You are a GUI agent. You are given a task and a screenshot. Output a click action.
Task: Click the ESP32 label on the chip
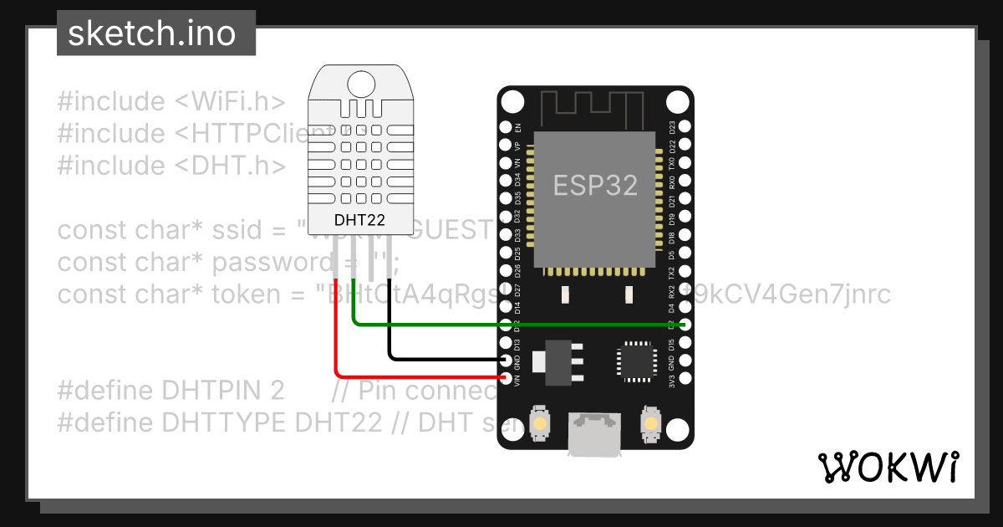[595, 185]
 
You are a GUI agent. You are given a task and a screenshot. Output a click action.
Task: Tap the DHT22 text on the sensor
[360, 221]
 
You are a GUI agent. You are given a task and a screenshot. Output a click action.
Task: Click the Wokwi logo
[888, 467]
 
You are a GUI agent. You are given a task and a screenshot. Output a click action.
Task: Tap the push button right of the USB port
[649, 423]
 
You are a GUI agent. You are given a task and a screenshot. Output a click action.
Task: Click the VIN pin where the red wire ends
[506, 378]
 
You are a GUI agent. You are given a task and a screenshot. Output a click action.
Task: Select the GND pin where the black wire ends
[506, 361]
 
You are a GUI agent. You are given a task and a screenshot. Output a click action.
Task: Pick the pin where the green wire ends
[685, 325]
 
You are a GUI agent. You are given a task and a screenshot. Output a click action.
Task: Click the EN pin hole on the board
[506, 127]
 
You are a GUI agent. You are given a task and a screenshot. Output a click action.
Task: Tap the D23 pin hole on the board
[685, 127]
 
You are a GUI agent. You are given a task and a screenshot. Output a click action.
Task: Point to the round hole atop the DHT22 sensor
[361, 83]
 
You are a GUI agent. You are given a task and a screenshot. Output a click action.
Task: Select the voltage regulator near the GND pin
[555, 361]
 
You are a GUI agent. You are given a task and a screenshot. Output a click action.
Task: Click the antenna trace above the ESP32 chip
[595, 109]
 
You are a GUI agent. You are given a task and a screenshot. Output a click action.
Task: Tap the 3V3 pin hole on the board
[685, 379]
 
